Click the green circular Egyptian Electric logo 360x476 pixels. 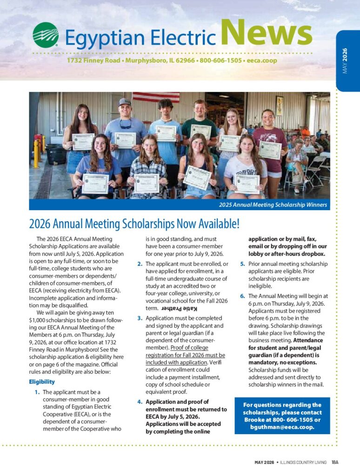46,35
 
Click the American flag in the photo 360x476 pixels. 155,97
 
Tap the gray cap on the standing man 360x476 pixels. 124,102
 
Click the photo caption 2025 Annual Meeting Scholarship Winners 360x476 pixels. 273,205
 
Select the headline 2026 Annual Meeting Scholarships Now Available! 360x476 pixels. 134,224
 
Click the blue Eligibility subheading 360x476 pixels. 42,382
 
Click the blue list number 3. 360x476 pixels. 140,318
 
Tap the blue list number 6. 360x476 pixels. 242,296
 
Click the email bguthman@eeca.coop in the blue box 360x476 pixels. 282,427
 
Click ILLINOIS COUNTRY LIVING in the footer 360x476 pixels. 305,462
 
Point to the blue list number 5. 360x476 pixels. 242,264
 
